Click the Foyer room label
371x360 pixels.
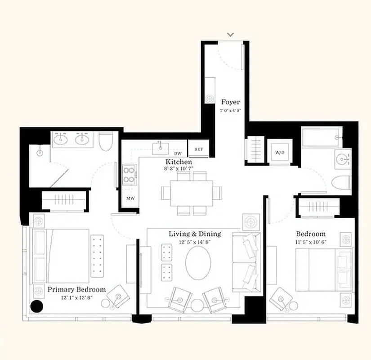point(230,102)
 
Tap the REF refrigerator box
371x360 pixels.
point(198,149)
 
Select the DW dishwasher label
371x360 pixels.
point(178,153)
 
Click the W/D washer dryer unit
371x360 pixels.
point(280,152)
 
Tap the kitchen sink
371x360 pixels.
point(161,146)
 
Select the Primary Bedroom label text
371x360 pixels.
point(76,289)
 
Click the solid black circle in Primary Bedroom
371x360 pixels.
point(36,306)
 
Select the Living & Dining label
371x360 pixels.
point(195,234)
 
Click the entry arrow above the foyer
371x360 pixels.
point(231,34)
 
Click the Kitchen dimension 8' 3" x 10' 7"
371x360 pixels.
point(179,169)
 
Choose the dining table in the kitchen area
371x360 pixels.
point(192,193)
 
